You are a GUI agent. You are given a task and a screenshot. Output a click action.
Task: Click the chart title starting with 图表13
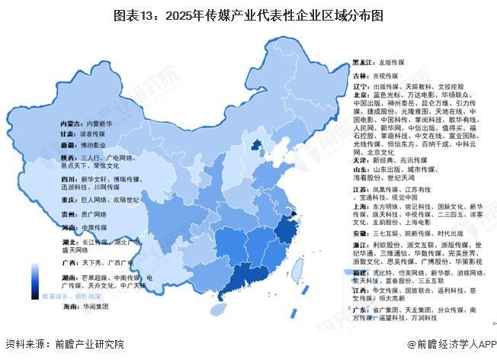point(248,14)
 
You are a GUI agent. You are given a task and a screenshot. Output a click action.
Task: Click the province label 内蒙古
point(72,122)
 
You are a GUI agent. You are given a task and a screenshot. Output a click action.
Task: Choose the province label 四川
point(68,178)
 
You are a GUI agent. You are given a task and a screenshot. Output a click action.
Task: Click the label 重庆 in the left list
point(68,200)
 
